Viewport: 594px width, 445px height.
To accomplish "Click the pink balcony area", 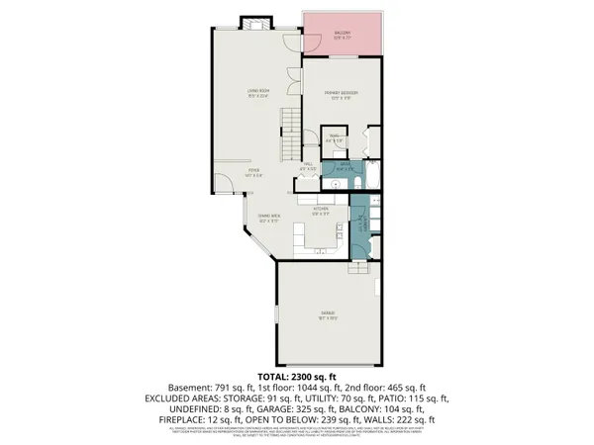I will tap(342, 37).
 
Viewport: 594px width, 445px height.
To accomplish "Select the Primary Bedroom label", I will tap(341, 95).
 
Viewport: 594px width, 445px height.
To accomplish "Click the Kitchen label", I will tap(321, 210).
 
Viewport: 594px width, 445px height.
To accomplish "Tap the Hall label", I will tap(308, 166).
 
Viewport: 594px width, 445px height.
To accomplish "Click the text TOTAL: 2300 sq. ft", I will tap(297, 377).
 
